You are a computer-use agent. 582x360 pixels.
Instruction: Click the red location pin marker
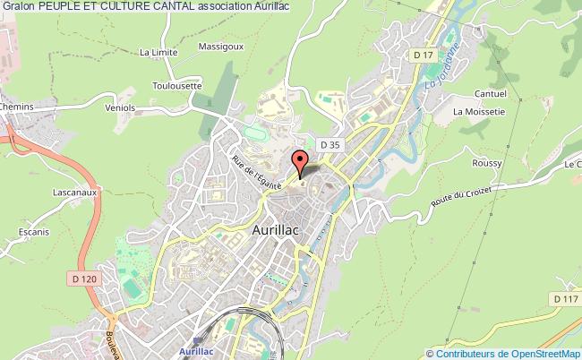(300, 163)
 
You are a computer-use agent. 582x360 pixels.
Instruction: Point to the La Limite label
(158, 53)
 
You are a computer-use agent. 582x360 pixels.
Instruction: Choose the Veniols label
(119, 107)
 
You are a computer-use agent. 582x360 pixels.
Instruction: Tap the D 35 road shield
(330, 143)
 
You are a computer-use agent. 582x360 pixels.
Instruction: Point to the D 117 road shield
(563, 298)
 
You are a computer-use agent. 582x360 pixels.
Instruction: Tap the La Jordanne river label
(443, 65)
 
